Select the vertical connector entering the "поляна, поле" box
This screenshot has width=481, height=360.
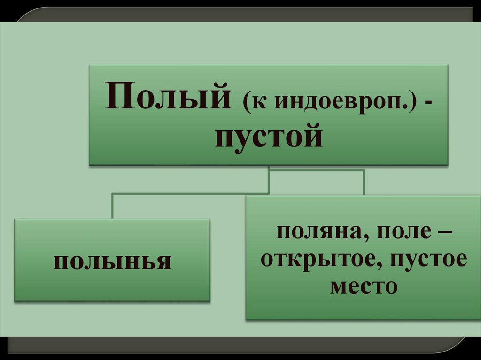tap(364, 182)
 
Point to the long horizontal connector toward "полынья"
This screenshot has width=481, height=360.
tap(188, 193)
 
